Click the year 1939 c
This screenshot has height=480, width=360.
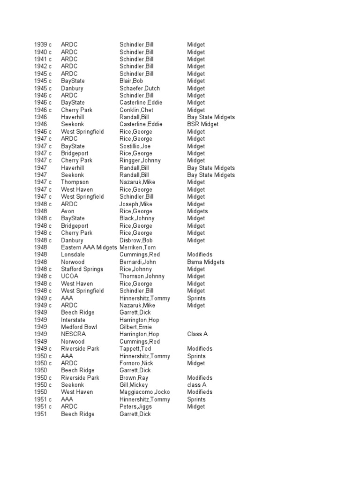[x=43, y=45]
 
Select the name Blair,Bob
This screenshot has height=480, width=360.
[x=131, y=81]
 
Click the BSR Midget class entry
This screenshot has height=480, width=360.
[x=203, y=124]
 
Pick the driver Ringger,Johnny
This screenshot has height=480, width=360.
[x=140, y=160]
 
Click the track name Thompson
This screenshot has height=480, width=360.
[x=75, y=182]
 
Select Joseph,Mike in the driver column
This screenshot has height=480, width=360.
[x=135, y=204]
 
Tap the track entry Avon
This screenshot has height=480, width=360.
[x=67, y=211]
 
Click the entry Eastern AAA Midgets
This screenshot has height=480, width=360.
[x=89, y=247]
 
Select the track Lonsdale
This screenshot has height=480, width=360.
[x=73, y=255]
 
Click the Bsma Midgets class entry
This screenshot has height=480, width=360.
[x=206, y=262]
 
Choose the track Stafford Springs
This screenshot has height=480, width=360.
[x=82, y=269]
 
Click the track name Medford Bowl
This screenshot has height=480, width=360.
[x=78, y=327]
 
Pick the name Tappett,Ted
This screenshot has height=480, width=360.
[x=133, y=348]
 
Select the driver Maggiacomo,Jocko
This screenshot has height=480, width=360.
[x=145, y=392]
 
